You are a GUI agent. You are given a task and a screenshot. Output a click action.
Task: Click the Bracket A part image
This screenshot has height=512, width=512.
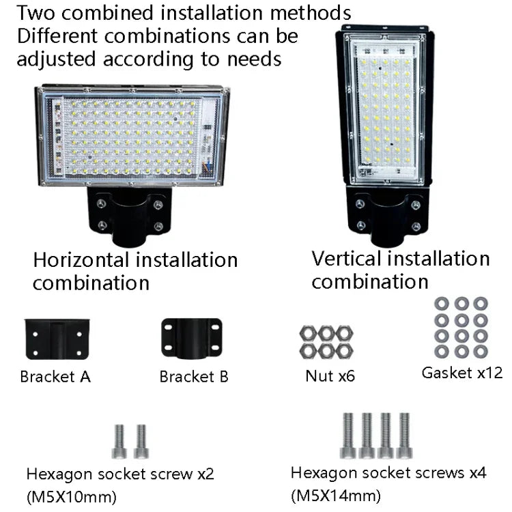(x=58, y=339)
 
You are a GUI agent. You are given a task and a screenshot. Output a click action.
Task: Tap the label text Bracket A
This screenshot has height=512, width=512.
(x=55, y=376)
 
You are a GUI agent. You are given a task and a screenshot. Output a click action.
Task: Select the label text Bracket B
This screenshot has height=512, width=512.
(x=194, y=376)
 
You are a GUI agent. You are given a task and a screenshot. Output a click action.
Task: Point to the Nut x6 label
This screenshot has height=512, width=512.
(x=330, y=375)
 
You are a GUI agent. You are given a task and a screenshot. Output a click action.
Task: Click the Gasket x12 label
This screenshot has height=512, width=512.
(x=461, y=372)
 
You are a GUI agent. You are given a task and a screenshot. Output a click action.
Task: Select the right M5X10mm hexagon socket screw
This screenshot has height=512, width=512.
(x=141, y=441)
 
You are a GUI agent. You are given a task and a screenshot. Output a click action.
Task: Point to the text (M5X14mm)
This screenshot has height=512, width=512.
(x=336, y=494)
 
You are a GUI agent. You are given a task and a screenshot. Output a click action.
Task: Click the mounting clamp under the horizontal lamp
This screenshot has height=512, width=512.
(x=130, y=214)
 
